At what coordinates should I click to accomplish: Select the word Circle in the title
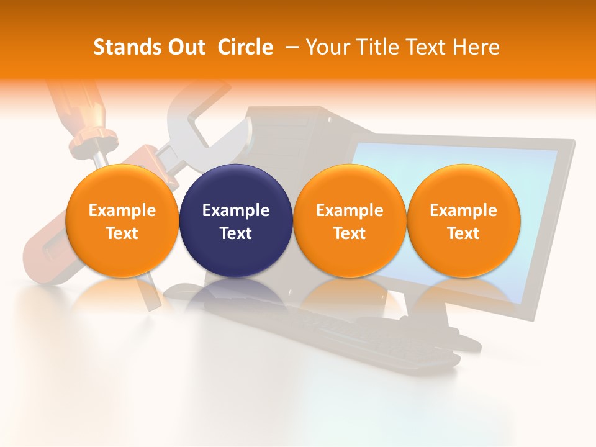point(245,47)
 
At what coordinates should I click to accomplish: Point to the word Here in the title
point(477,47)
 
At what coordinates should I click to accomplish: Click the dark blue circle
point(236,220)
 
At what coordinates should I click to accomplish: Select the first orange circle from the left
point(122,220)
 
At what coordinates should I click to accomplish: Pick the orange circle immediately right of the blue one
point(350,220)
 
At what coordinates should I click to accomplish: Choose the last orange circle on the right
point(463,220)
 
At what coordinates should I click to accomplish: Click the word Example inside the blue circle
point(236,210)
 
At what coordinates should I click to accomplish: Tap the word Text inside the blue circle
point(236,233)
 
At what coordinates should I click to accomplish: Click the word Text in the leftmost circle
point(122,233)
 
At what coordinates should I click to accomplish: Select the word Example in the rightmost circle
point(463,210)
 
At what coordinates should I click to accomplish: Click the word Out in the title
point(185,47)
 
